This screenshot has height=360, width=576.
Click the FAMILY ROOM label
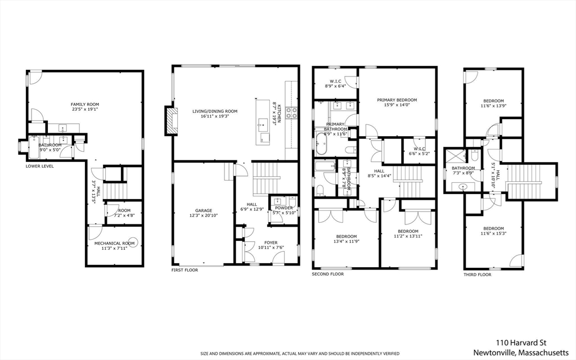(84, 105)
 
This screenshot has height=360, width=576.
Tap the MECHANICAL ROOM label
(115, 243)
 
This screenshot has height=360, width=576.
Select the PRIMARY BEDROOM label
(397, 100)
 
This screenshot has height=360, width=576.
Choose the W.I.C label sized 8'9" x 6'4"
(336, 81)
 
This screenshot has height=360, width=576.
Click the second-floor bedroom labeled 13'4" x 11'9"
(346, 236)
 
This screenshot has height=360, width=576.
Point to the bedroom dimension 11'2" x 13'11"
(408, 237)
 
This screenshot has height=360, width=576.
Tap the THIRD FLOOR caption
(478, 274)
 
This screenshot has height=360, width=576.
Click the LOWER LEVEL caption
(40, 166)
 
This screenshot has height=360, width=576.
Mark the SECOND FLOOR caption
(328, 274)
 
